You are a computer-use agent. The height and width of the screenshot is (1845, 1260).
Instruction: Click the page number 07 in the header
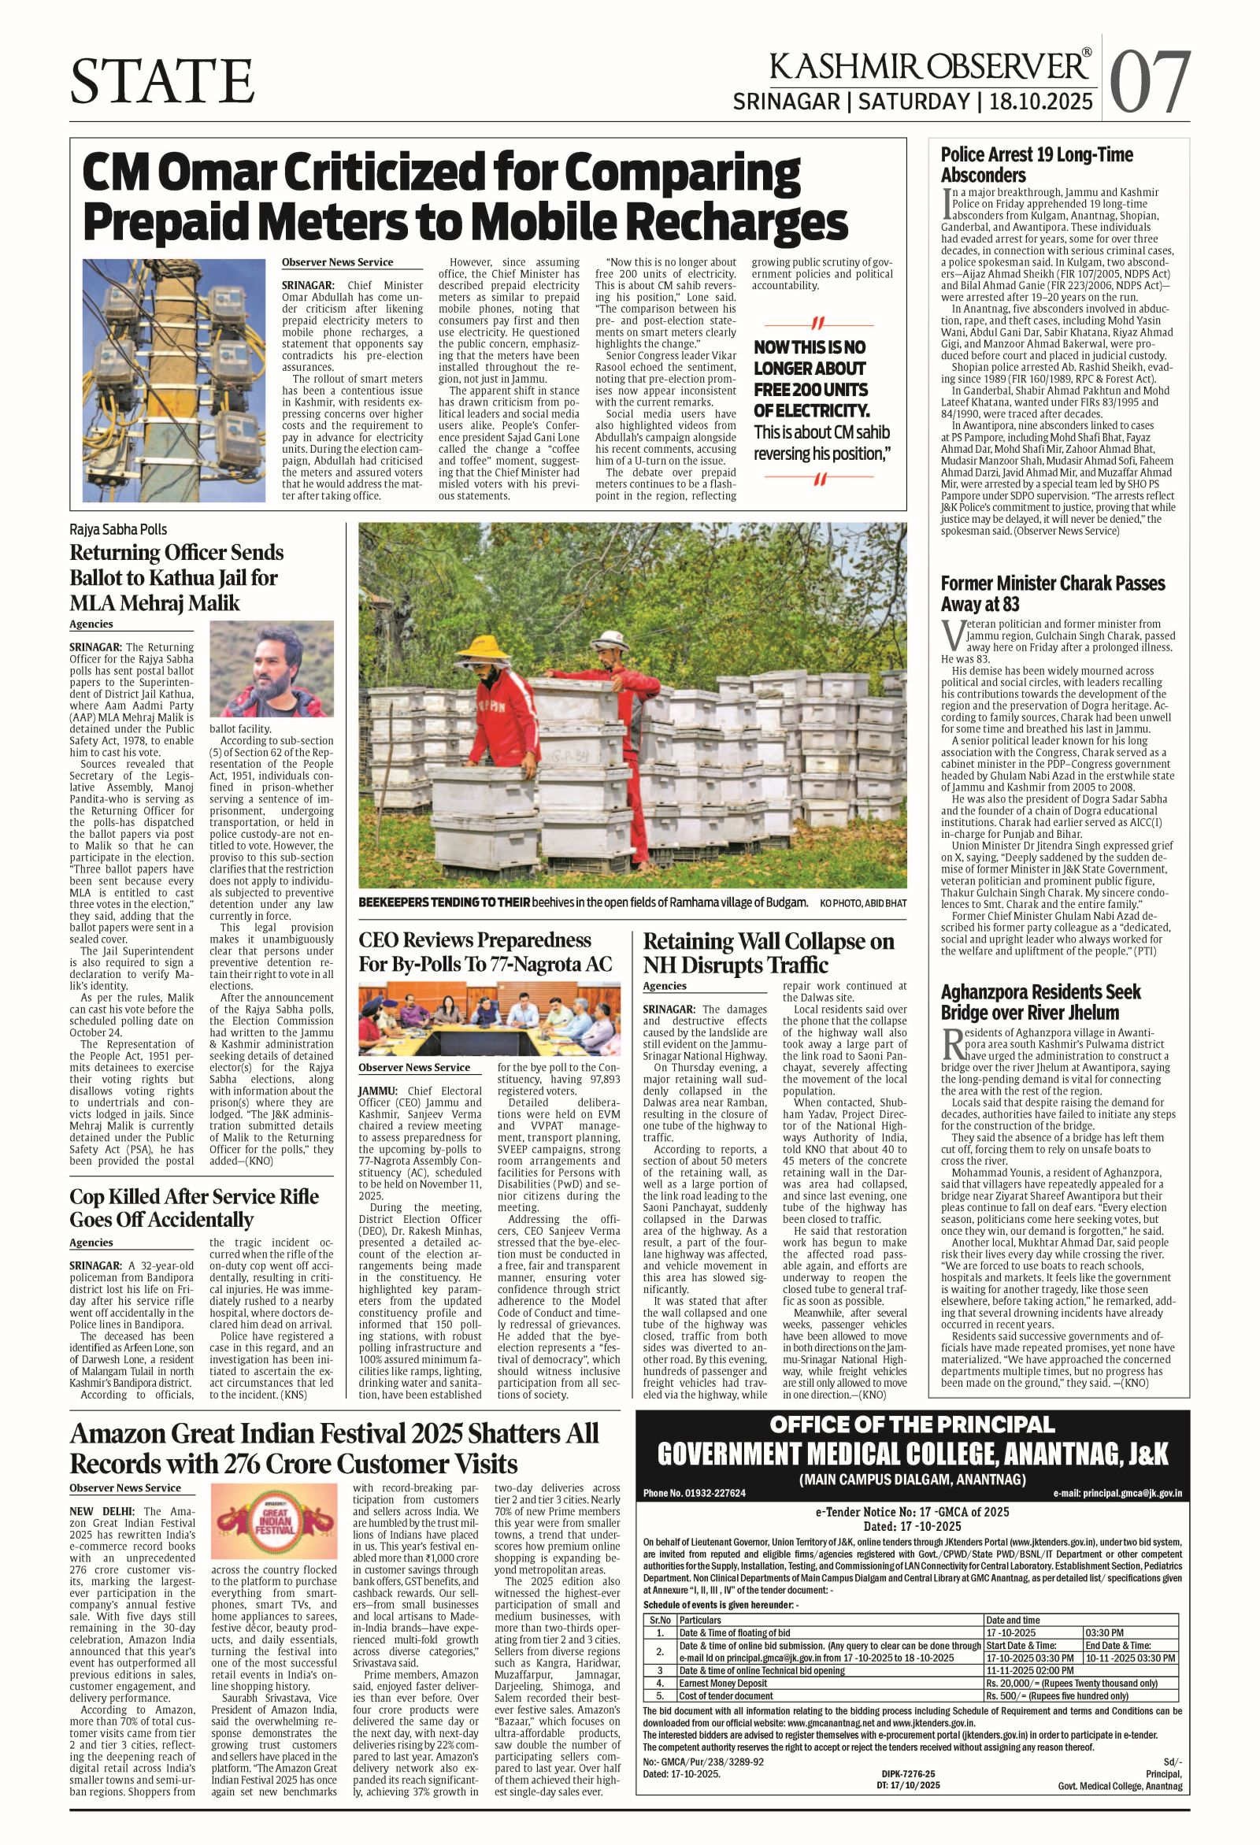pyautogui.click(x=1151, y=82)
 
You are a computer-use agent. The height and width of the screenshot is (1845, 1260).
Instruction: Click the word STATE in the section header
pyautogui.click(x=163, y=82)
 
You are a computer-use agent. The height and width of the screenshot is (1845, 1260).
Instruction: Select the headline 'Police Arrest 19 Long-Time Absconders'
pyautogui.click(x=1037, y=165)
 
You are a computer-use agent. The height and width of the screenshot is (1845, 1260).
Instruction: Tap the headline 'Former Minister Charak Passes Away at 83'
pyautogui.click(x=1052, y=594)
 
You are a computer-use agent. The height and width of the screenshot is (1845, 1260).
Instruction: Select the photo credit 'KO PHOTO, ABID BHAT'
pyautogui.click(x=862, y=902)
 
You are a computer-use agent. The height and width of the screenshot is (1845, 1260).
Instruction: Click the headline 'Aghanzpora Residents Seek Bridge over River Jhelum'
pyautogui.click(x=1040, y=1002)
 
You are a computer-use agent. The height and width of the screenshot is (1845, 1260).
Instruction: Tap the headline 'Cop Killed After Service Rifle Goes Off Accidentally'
pyautogui.click(x=195, y=1207)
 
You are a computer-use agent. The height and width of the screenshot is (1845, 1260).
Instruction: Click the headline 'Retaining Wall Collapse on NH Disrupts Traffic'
pyautogui.click(x=768, y=953)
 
